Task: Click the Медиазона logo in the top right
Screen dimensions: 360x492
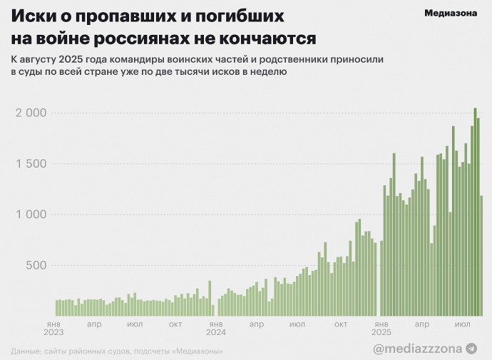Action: [451, 13]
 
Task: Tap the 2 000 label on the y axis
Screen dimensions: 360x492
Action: [31, 113]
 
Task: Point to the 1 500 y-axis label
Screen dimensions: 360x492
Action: [31, 164]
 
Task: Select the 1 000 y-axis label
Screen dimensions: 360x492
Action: [31, 215]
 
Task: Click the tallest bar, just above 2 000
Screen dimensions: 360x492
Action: [475, 212]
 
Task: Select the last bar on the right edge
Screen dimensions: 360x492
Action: [481, 255]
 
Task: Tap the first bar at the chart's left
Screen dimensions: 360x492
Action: [57, 307]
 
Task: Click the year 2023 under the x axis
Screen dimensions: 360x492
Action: [53, 332]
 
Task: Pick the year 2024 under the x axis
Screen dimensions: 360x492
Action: [215, 332]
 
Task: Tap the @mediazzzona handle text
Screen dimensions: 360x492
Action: [417, 349]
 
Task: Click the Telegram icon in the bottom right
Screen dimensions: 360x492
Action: [471, 349]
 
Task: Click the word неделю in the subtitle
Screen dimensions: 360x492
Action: [267, 73]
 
